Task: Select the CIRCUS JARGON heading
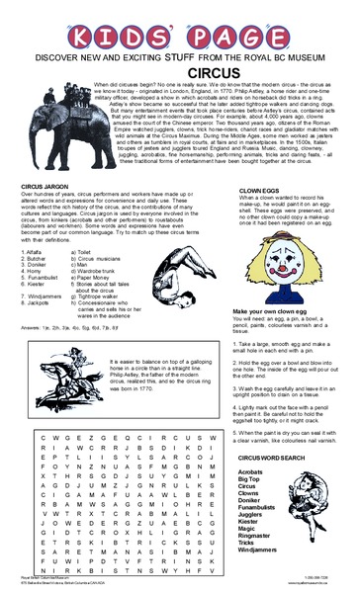click(45, 186)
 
